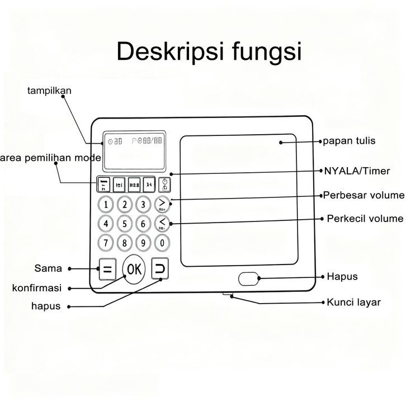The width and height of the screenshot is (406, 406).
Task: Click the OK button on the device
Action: coord(134,269)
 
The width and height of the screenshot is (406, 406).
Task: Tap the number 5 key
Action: coord(125,224)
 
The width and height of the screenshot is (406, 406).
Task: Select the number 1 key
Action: coord(106,204)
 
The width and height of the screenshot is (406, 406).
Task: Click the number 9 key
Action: coord(144,243)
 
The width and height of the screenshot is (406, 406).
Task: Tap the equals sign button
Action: coord(107,270)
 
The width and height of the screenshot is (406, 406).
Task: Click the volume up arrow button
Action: coord(162,204)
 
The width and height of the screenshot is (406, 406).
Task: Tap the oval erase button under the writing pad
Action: coord(248,278)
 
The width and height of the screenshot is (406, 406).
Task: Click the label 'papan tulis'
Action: coord(350,141)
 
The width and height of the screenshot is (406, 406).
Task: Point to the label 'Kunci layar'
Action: coord(353,302)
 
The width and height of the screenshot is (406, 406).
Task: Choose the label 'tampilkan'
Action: coord(49,90)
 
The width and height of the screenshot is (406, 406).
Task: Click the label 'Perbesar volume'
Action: coord(363,195)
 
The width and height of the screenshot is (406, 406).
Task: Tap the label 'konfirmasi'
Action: coord(36,289)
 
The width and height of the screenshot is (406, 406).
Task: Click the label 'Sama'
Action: coord(48,268)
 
